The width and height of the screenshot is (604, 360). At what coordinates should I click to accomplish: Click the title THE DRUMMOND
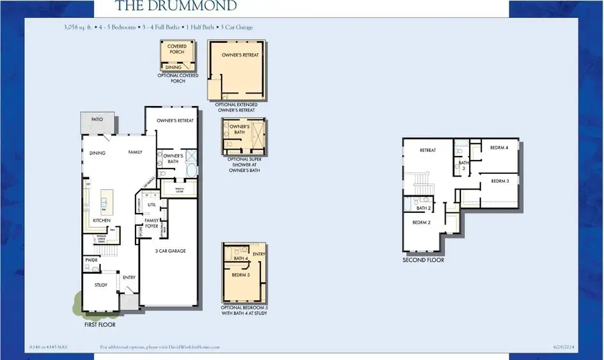coord(176,6)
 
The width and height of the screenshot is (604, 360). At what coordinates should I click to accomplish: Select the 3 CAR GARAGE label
coord(171,251)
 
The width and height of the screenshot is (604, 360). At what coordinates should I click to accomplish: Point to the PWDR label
coord(92,259)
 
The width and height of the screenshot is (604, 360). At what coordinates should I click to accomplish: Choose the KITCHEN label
coord(101,220)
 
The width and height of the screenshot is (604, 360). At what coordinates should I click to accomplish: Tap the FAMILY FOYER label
coord(152,223)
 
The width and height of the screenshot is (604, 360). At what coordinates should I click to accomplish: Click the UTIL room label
coord(152,205)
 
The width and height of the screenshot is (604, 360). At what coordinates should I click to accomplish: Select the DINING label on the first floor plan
coord(98,152)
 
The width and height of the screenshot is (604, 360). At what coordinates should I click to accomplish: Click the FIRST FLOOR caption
coord(100,324)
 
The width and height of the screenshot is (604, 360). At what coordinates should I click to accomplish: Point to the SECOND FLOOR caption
coord(423,260)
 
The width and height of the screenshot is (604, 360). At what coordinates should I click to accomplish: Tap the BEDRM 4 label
coord(499,147)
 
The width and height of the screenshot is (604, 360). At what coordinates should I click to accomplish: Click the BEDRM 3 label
coord(499,181)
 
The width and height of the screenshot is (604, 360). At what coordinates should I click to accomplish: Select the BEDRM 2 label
coord(421,222)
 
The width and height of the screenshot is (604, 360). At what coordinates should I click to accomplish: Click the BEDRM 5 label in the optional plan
coord(240,275)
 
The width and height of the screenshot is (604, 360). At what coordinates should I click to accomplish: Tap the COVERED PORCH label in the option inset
coord(177,50)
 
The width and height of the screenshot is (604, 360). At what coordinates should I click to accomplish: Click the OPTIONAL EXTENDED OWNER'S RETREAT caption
coord(236,107)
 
